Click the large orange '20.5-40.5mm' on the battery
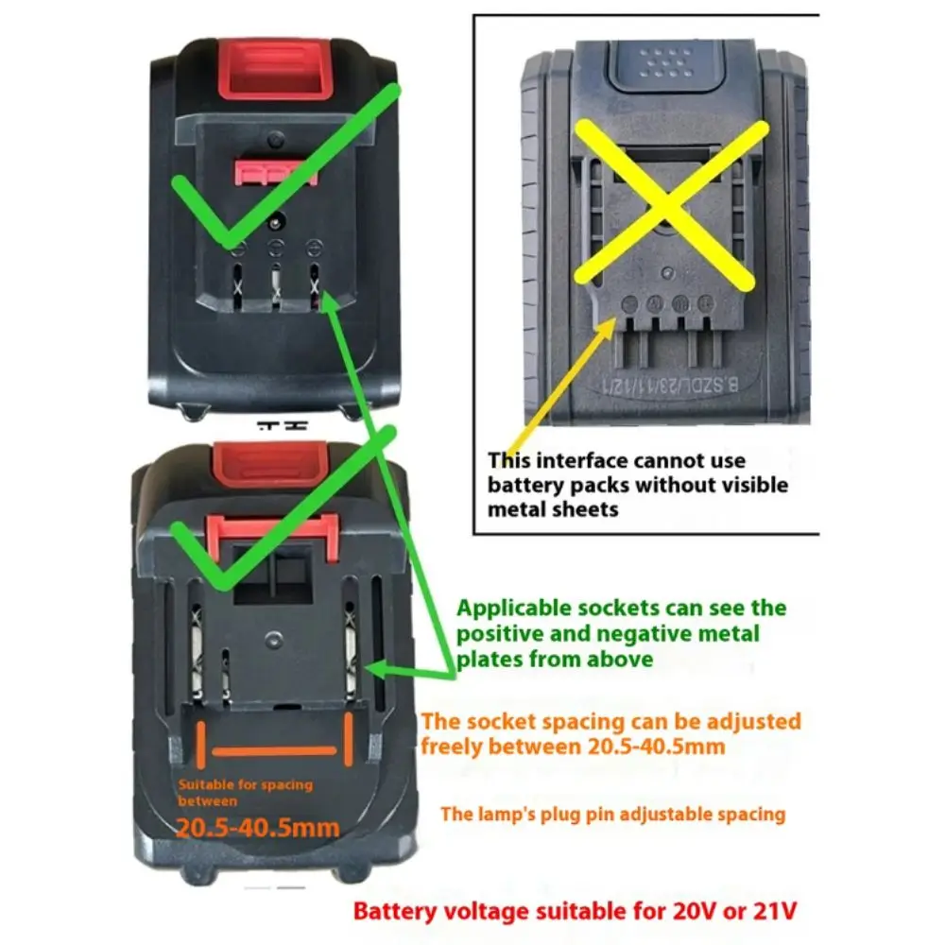257,828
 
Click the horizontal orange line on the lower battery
274,750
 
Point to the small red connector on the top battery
275,172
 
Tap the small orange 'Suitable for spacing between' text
245,793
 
